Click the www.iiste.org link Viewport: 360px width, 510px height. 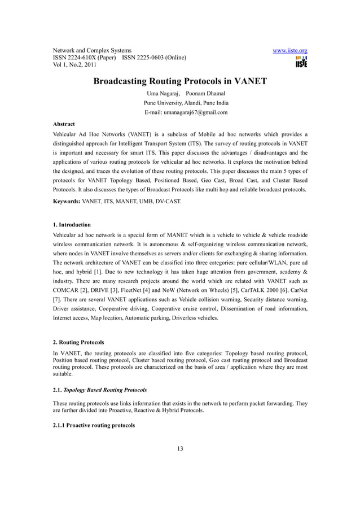[x=289, y=50]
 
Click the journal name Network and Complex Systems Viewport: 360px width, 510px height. [x=92, y=50]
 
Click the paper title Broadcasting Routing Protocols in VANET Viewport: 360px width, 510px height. [x=179, y=81]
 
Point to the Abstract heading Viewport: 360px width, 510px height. [x=64, y=124]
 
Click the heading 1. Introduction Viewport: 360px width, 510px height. [x=72, y=225]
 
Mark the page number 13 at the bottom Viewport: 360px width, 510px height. [x=180, y=449]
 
